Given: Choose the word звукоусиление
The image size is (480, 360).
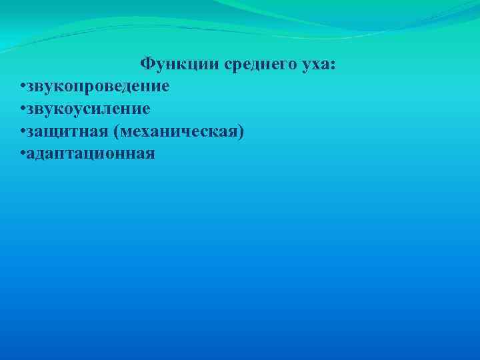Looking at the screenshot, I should [89, 109].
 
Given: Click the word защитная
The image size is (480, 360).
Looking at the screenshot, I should [69, 131].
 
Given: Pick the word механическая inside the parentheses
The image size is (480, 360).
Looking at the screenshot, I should [179, 131].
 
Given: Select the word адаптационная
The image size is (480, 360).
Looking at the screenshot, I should [91, 154].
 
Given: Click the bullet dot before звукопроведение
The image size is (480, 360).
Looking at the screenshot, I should [23, 87].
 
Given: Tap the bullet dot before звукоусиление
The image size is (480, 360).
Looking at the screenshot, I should [23, 109].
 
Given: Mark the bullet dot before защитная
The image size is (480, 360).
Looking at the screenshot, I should [23, 131].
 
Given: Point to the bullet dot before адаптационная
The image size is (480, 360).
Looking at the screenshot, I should [23, 154].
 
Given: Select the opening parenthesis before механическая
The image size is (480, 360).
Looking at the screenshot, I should [118, 131].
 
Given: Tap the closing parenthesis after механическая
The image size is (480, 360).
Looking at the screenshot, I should [241, 131].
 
